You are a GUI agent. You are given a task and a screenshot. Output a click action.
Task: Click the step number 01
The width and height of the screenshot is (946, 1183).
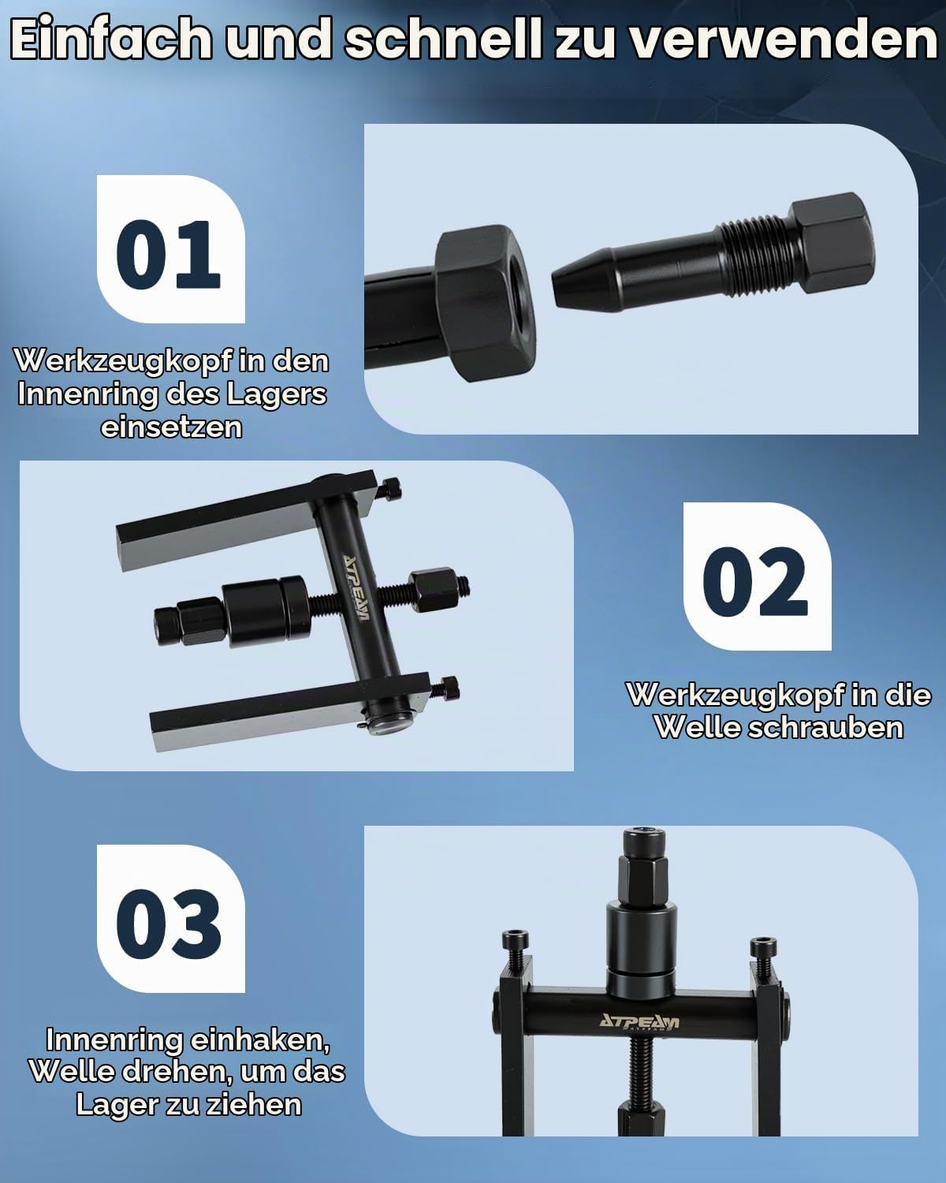168,254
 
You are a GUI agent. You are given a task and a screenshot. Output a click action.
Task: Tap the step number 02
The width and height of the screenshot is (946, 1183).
755,581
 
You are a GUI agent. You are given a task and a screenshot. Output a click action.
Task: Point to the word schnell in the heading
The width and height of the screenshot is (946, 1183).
443,39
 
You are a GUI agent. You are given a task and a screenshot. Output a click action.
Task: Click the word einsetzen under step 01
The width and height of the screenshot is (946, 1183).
172,427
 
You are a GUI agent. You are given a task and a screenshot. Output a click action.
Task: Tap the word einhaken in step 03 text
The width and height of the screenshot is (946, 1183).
259,1039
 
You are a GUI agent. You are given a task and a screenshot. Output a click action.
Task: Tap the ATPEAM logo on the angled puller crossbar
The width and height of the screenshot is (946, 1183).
355,588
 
